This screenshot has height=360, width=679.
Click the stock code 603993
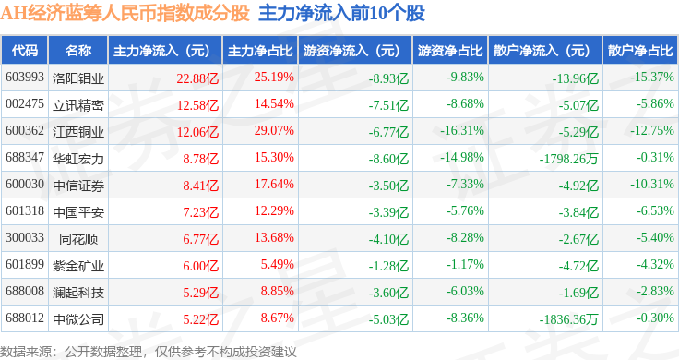pyautogui.click(x=25, y=78)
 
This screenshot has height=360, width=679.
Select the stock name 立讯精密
pyautogui.click(x=78, y=105)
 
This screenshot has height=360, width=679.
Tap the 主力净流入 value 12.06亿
pyautogui.click(x=197, y=132)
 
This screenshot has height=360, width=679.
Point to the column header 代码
pyautogui.click(x=25, y=51)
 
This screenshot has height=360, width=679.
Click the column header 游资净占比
pyautogui.click(x=450, y=51)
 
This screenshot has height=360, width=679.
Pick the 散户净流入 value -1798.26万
pyautogui.click(x=568, y=159)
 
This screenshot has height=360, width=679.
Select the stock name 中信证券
pyautogui.click(x=78, y=186)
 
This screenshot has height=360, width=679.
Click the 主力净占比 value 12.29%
pyautogui.click(x=274, y=211)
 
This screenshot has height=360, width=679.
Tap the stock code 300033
pyautogui.click(x=25, y=238)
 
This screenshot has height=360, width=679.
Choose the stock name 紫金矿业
pyautogui.click(x=78, y=266)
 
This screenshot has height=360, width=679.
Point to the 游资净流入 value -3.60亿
pyautogui.click(x=388, y=293)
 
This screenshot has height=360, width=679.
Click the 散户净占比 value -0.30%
pyautogui.click(x=655, y=318)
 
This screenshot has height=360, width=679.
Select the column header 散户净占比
pyautogui.click(x=640, y=51)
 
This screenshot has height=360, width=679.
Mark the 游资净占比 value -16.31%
pyautogui.click(x=462, y=130)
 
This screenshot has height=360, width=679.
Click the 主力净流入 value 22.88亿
pyautogui.click(x=197, y=78)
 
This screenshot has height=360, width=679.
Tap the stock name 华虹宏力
pyautogui.click(x=78, y=159)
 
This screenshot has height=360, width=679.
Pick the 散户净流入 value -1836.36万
pyautogui.click(x=568, y=319)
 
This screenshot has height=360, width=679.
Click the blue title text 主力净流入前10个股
pyautogui.click(x=341, y=14)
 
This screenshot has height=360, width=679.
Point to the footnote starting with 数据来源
pyautogui.click(x=149, y=352)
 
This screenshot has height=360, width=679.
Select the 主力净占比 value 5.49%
pyautogui.click(x=277, y=264)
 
